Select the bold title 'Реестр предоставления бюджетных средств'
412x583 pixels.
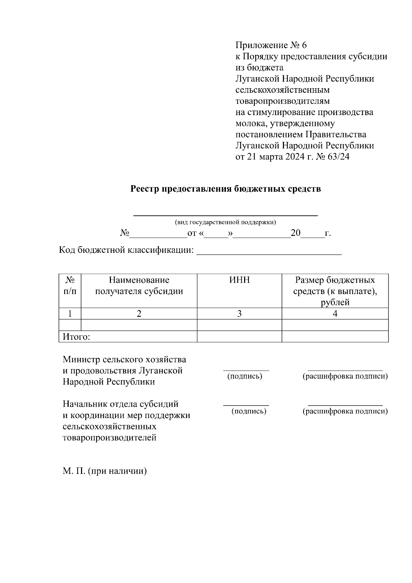click(226, 189)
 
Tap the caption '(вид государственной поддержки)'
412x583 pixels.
click(226, 222)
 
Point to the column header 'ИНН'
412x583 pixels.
click(239, 280)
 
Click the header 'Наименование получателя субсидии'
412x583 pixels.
click(139, 286)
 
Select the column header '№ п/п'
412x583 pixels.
click(70, 286)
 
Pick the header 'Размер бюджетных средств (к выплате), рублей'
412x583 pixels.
click(335, 291)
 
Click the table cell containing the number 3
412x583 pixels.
click(239, 314)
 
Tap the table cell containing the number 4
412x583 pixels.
click(335, 314)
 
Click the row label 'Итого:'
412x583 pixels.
click(76, 337)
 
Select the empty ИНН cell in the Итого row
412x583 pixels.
click(239, 337)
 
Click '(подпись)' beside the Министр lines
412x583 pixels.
click(245, 376)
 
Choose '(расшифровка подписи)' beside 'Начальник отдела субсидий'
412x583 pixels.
click(345, 411)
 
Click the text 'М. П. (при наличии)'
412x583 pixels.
click(105, 471)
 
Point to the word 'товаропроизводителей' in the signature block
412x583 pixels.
click(110, 438)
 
